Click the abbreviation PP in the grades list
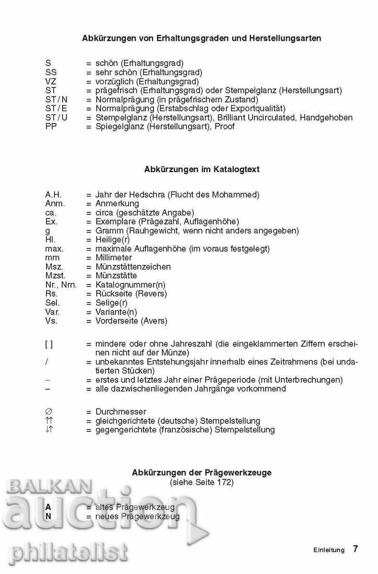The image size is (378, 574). click(x=51, y=127)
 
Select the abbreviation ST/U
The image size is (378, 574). click(x=56, y=118)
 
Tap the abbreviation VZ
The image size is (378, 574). click(x=51, y=81)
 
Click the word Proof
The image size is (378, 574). click(x=225, y=127)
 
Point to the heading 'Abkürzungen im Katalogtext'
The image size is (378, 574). click(x=202, y=169)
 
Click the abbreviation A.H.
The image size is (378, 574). click(x=54, y=195)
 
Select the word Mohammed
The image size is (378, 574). click(x=238, y=195)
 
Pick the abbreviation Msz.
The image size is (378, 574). click(x=54, y=267)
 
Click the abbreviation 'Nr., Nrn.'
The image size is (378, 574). click(x=61, y=285)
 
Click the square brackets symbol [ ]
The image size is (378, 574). click(x=49, y=344)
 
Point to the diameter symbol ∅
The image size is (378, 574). click(x=48, y=412)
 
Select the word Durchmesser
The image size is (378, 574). click(x=121, y=412)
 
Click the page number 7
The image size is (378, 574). click(x=355, y=549)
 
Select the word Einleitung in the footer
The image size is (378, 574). click(x=329, y=550)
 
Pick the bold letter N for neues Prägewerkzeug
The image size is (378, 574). click(x=48, y=517)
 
